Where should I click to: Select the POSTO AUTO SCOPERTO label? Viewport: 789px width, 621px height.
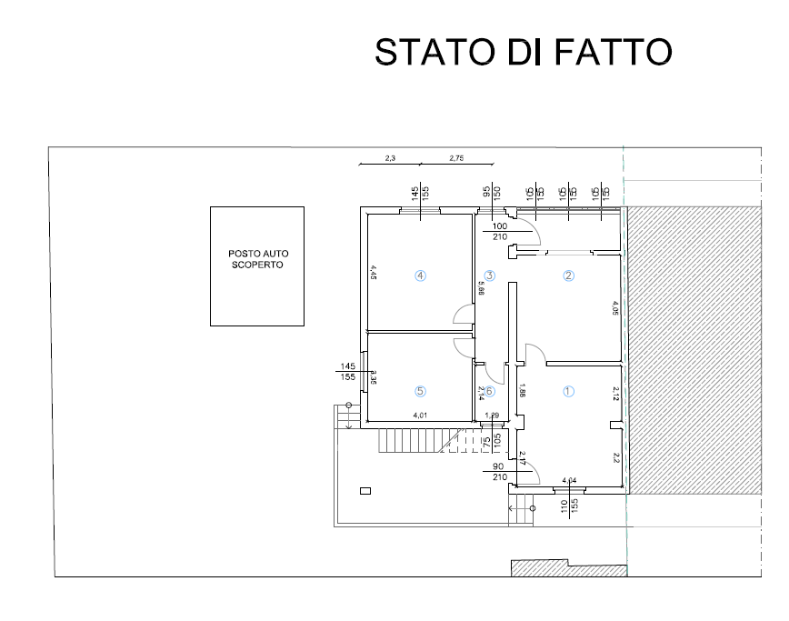point(257,260)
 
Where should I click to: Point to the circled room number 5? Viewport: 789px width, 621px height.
point(420,391)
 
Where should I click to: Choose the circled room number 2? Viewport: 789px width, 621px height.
point(569,275)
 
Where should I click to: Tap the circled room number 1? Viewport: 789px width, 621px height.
point(569,392)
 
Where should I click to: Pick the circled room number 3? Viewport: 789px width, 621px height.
point(489,275)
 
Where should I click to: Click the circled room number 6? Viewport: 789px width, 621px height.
point(489,392)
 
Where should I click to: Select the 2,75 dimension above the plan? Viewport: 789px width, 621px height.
point(456,158)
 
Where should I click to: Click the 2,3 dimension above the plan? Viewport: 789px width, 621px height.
point(390,158)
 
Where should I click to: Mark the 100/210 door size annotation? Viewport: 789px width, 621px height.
point(499,231)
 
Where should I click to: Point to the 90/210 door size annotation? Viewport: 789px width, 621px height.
point(498,471)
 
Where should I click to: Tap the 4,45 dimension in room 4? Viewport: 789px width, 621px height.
point(373,272)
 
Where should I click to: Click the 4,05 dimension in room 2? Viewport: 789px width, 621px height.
point(615,308)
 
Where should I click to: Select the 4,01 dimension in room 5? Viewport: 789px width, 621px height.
point(420,416)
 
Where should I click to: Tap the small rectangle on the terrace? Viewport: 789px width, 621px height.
point(365,491)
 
